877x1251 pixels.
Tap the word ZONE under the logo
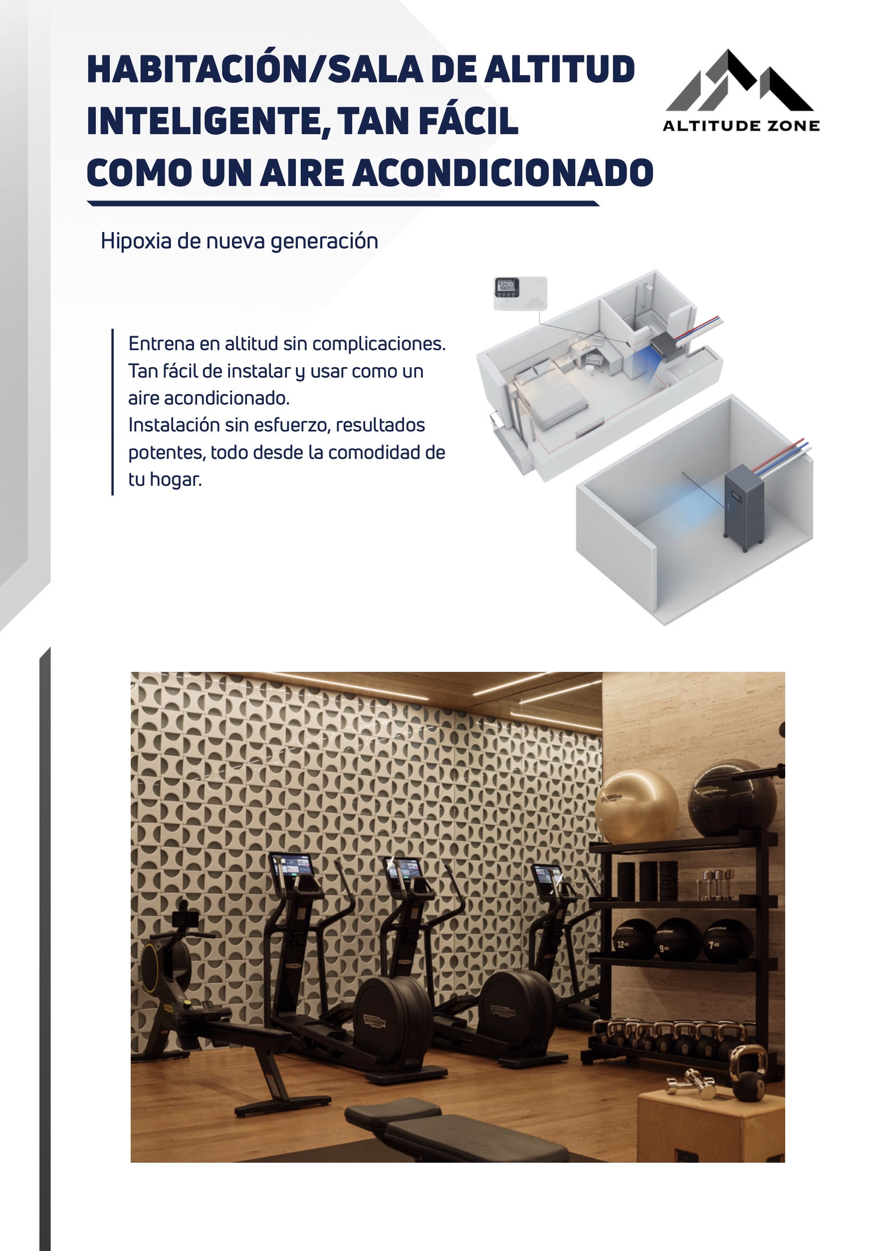pyautogui.click(x=794, y=126)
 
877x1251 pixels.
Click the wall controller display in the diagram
pyautogui.click(x=507, y=287)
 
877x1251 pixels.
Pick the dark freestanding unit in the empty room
pyautogui.click(x=743, y=507)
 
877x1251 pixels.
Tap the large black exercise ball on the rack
pyautogui.click(x=731, y=801)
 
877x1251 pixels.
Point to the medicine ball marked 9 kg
pyautogui.click(x=677, y=940)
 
